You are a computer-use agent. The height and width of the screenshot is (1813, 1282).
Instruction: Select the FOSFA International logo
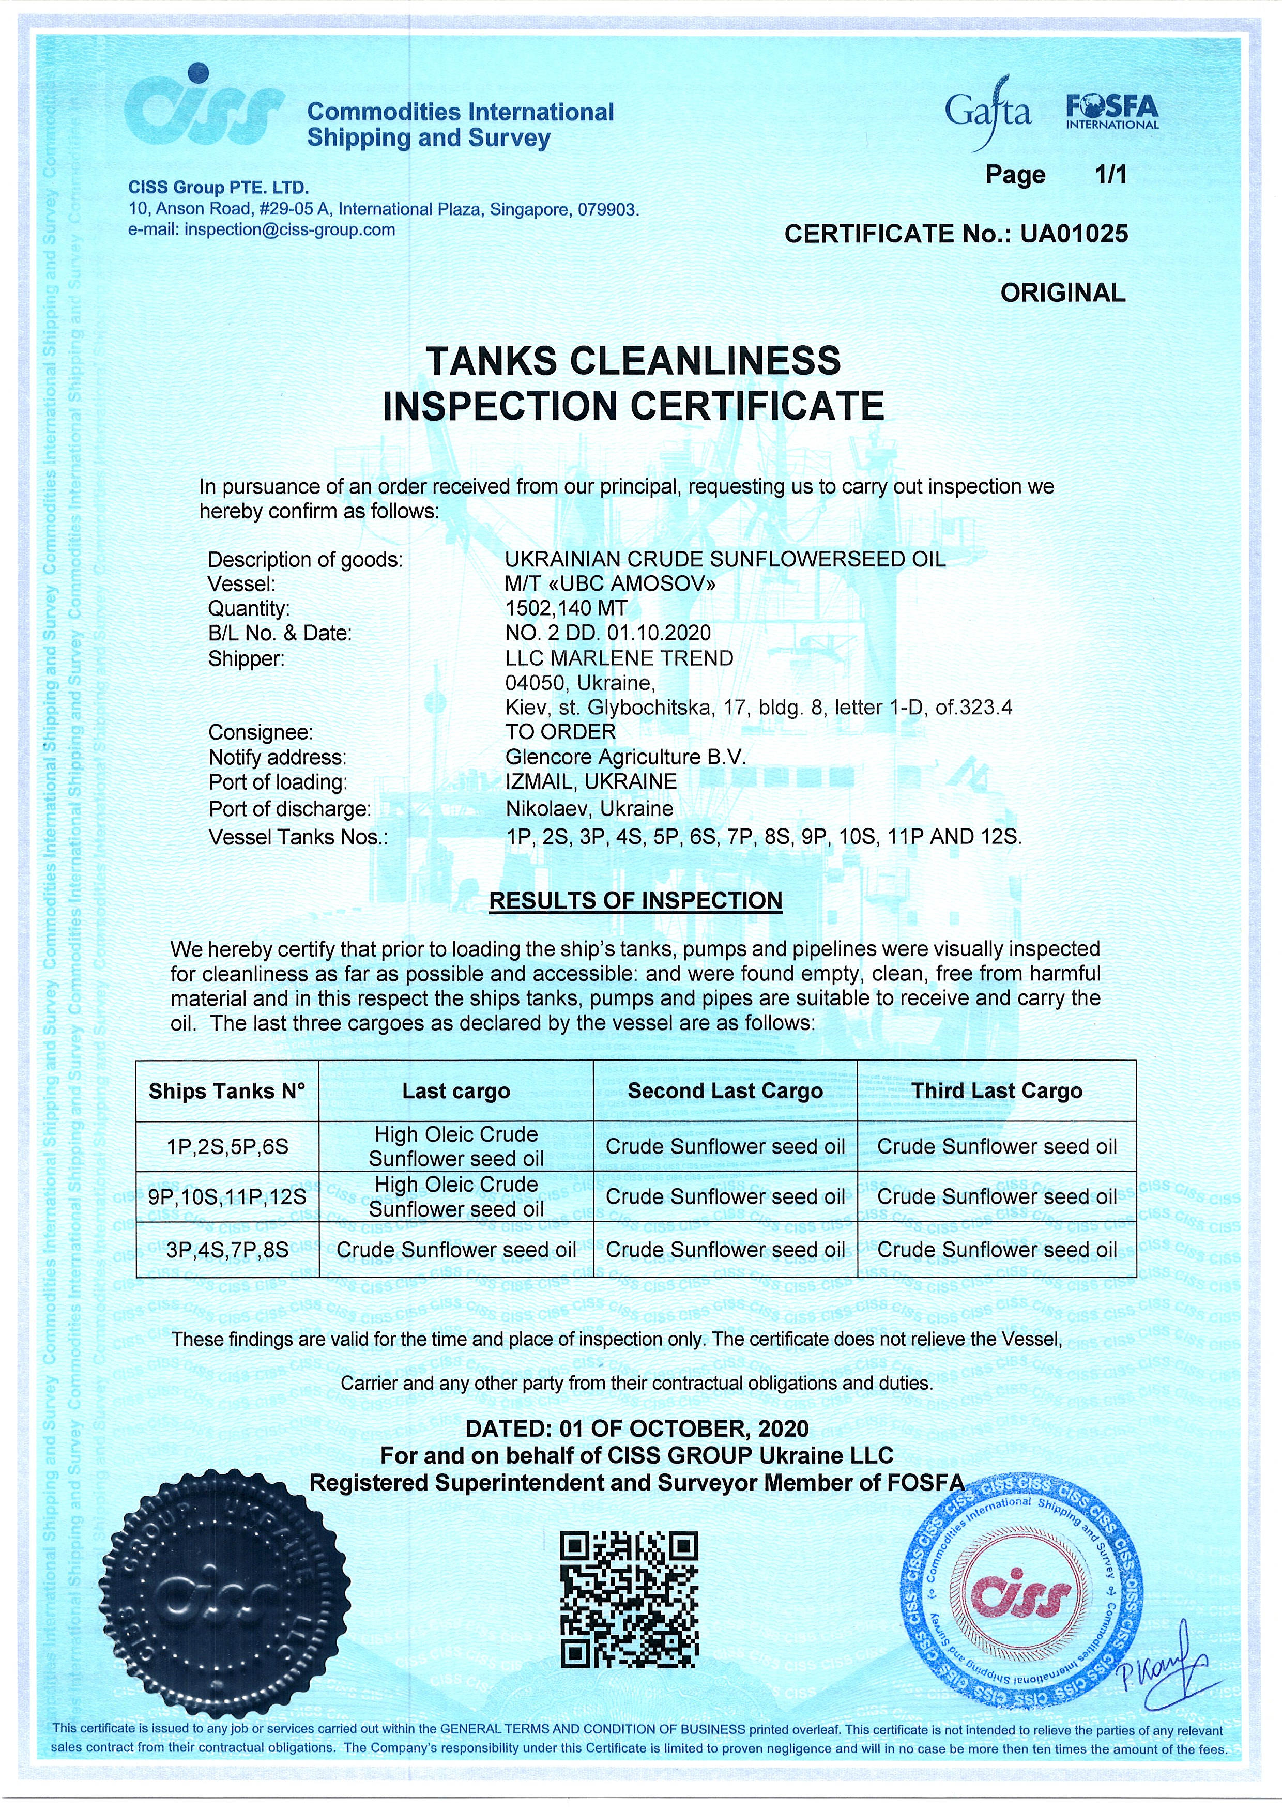coord(1111,111)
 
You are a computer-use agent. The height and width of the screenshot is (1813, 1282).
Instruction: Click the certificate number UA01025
coord(1074,234)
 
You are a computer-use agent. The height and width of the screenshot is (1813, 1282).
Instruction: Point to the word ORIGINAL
coord(1062,293)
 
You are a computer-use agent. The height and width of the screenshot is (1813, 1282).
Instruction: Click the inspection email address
coord(289,230)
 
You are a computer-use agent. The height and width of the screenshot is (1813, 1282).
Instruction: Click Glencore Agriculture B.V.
coord(625,757)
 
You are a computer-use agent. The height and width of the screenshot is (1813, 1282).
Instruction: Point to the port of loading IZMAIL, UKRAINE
coord(591,782)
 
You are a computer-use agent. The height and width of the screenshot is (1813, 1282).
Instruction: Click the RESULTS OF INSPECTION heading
coord(636,900)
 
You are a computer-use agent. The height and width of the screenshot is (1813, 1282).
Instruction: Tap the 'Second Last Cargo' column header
coord(725,1092)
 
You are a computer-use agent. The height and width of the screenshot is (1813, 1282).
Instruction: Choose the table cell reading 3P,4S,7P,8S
coord(227,1250)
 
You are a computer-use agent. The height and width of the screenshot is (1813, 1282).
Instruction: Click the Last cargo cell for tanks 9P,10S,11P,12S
coord(456,1196)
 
